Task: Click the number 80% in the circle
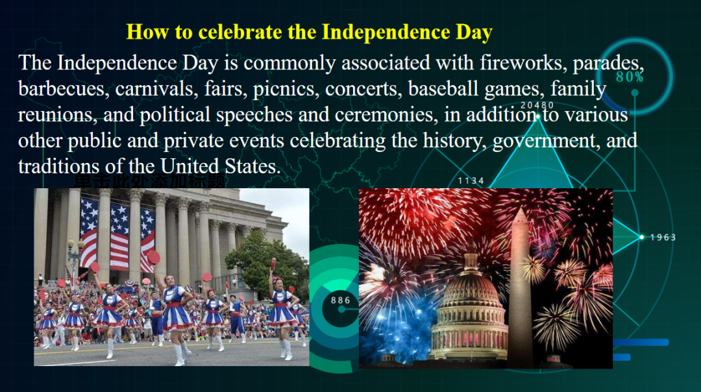coord(629,77)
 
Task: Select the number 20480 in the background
coord(537,105)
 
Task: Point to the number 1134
coord(471,180)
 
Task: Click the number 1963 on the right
coord(663,238)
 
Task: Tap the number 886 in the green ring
coord(341,300)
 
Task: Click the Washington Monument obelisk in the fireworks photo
coord(521,286)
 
